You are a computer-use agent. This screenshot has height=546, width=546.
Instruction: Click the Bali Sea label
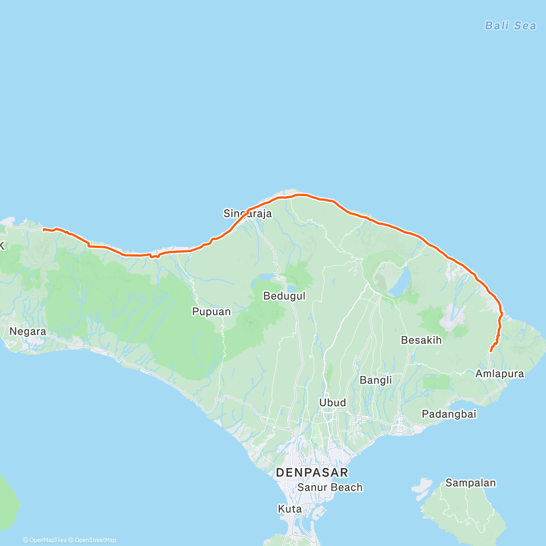tap(511, 26)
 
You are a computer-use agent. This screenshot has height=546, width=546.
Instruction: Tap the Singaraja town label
tap(248, 213)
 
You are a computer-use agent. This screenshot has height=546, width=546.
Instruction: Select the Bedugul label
tap(284, 296)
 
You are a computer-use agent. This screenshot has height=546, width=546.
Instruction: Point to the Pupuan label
tap(211, 312)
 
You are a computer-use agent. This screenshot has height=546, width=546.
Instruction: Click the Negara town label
tap(28, 332)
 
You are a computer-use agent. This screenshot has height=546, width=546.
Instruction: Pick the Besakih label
tap(421, 340)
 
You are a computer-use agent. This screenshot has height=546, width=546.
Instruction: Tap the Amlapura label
tap(500, 374)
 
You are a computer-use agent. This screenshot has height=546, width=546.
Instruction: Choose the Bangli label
tap(375, 380)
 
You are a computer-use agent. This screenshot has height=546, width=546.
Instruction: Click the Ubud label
tap(333, 403)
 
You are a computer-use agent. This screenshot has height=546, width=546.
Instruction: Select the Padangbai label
tap(449, 414)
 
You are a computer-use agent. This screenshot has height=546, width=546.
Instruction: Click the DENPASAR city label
tap(312, 473)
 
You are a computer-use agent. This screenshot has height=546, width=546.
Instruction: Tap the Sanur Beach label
tap(330, 487)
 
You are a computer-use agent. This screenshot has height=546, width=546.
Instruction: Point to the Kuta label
tap(290, 508)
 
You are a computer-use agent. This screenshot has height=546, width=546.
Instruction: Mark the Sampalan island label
tap(470, 483)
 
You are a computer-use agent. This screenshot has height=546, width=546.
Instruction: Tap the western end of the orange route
tap(44, 229)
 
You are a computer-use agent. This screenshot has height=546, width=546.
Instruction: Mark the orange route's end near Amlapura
tap(490, 351)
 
